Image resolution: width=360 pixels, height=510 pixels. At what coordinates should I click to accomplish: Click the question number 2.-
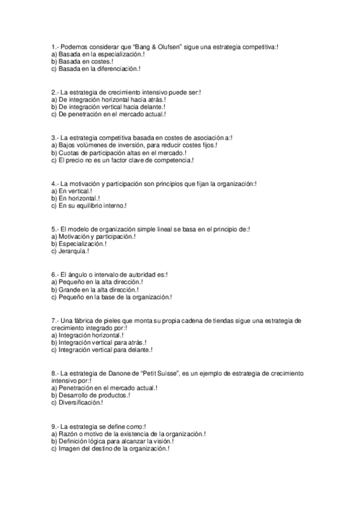(x=55, y=92)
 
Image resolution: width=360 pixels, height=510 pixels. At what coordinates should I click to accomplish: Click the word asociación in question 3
(x=210, y=138)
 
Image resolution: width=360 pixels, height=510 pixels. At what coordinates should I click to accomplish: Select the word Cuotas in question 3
(x=67, y=153)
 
